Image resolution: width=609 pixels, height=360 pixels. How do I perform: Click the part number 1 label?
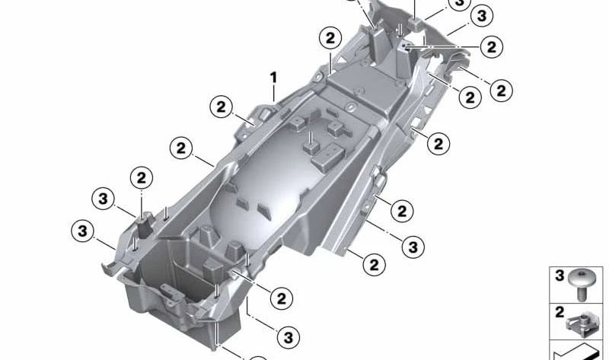[273, 77]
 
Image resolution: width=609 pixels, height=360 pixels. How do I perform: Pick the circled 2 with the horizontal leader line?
[491, 47]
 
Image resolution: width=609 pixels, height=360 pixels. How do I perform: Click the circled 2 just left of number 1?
[222, 108]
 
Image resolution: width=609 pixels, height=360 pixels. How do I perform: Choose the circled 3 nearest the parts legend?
[412, 247]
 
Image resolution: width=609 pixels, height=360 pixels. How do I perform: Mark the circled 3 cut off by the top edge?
[458, 5]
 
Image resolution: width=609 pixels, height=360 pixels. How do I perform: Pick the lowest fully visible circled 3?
[288, 335]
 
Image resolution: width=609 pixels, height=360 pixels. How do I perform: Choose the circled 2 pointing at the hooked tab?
[501, 91]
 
